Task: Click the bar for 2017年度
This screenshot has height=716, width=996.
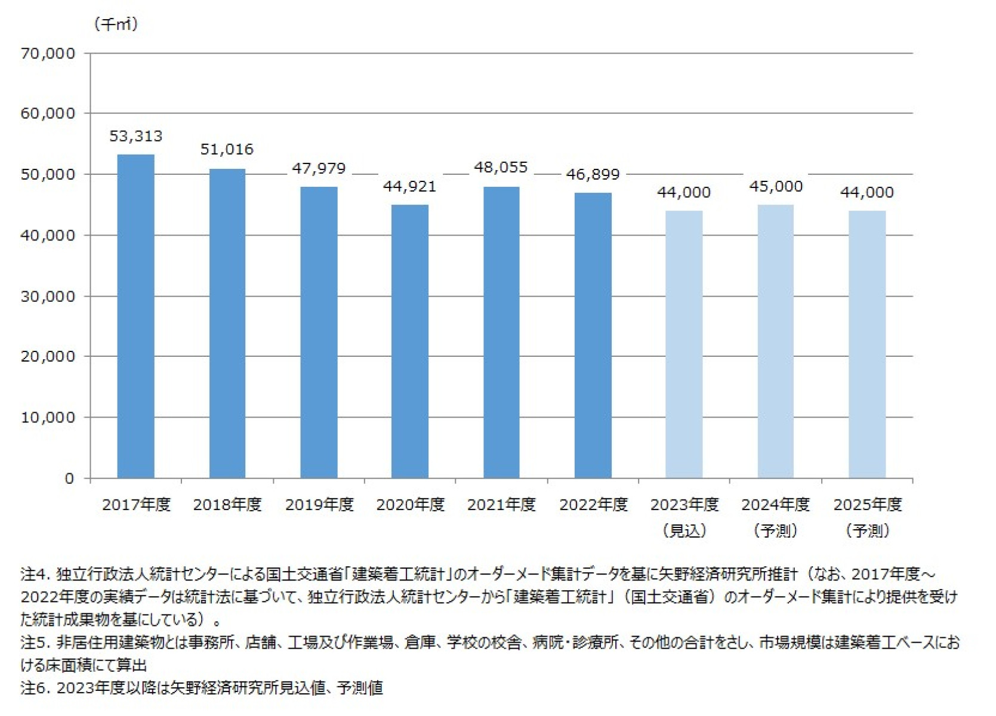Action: click(135, 316)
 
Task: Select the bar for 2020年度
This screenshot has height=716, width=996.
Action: click(410, 341)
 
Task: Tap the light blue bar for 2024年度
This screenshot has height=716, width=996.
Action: click(775, 341)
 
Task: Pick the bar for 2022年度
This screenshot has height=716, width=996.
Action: click(593, 335)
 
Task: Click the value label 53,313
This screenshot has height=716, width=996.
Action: click(135, 136)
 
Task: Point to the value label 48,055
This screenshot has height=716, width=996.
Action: click(501, 167)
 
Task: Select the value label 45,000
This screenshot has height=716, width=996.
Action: click(776, 186)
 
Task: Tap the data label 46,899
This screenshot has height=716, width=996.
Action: click(593, 174)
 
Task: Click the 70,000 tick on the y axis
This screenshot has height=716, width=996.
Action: click(48, 54)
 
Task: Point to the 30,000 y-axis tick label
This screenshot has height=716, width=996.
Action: click(48, 297)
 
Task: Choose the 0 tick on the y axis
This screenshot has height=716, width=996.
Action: click(69, 479)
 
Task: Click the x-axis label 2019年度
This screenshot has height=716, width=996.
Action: click(319, 505)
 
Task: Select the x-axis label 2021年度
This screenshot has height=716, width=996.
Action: click(501, 505)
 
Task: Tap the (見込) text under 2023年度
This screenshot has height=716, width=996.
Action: click(684, 530)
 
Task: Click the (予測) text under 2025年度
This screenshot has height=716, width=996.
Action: click(868, 530)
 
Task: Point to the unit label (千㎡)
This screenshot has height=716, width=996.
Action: click(116, 24)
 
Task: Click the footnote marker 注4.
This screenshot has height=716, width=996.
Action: click(33, 574)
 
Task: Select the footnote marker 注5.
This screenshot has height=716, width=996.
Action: click(33, 643)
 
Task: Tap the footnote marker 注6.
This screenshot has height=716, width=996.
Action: click(33, 688)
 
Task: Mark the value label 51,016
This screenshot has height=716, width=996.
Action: click(227, 149)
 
